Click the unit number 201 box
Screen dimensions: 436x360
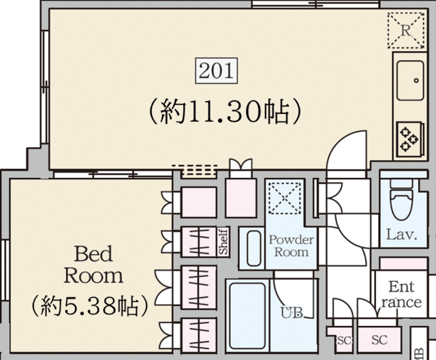(x=217, y=71)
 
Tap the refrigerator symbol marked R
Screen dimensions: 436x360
(x=406, y=30)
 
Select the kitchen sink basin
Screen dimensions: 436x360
(x=410, y=80)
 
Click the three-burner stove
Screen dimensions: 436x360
(x=409, y=139)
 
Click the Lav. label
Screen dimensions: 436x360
(x=401, y=235)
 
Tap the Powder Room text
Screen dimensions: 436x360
(x=291, y=246)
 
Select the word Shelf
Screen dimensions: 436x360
(x=223, y=241)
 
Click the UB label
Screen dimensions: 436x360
(x=292, y=313)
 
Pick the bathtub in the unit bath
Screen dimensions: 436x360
(x=247, y=316)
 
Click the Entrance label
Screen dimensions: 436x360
(x=401, y=295)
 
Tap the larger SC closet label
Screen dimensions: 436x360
(x=379, y=340)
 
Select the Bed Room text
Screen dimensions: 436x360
(x=93, y=265)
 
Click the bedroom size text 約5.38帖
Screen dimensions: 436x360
(x=89, y=306)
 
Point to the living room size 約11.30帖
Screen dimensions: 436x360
(x=225, y=112)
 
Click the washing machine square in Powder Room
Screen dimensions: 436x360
(x=285, y=198)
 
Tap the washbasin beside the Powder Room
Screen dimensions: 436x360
(x=253, y=248)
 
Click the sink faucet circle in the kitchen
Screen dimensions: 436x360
(x=416, y=80)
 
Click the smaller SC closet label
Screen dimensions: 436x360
(x=344, y=340)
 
